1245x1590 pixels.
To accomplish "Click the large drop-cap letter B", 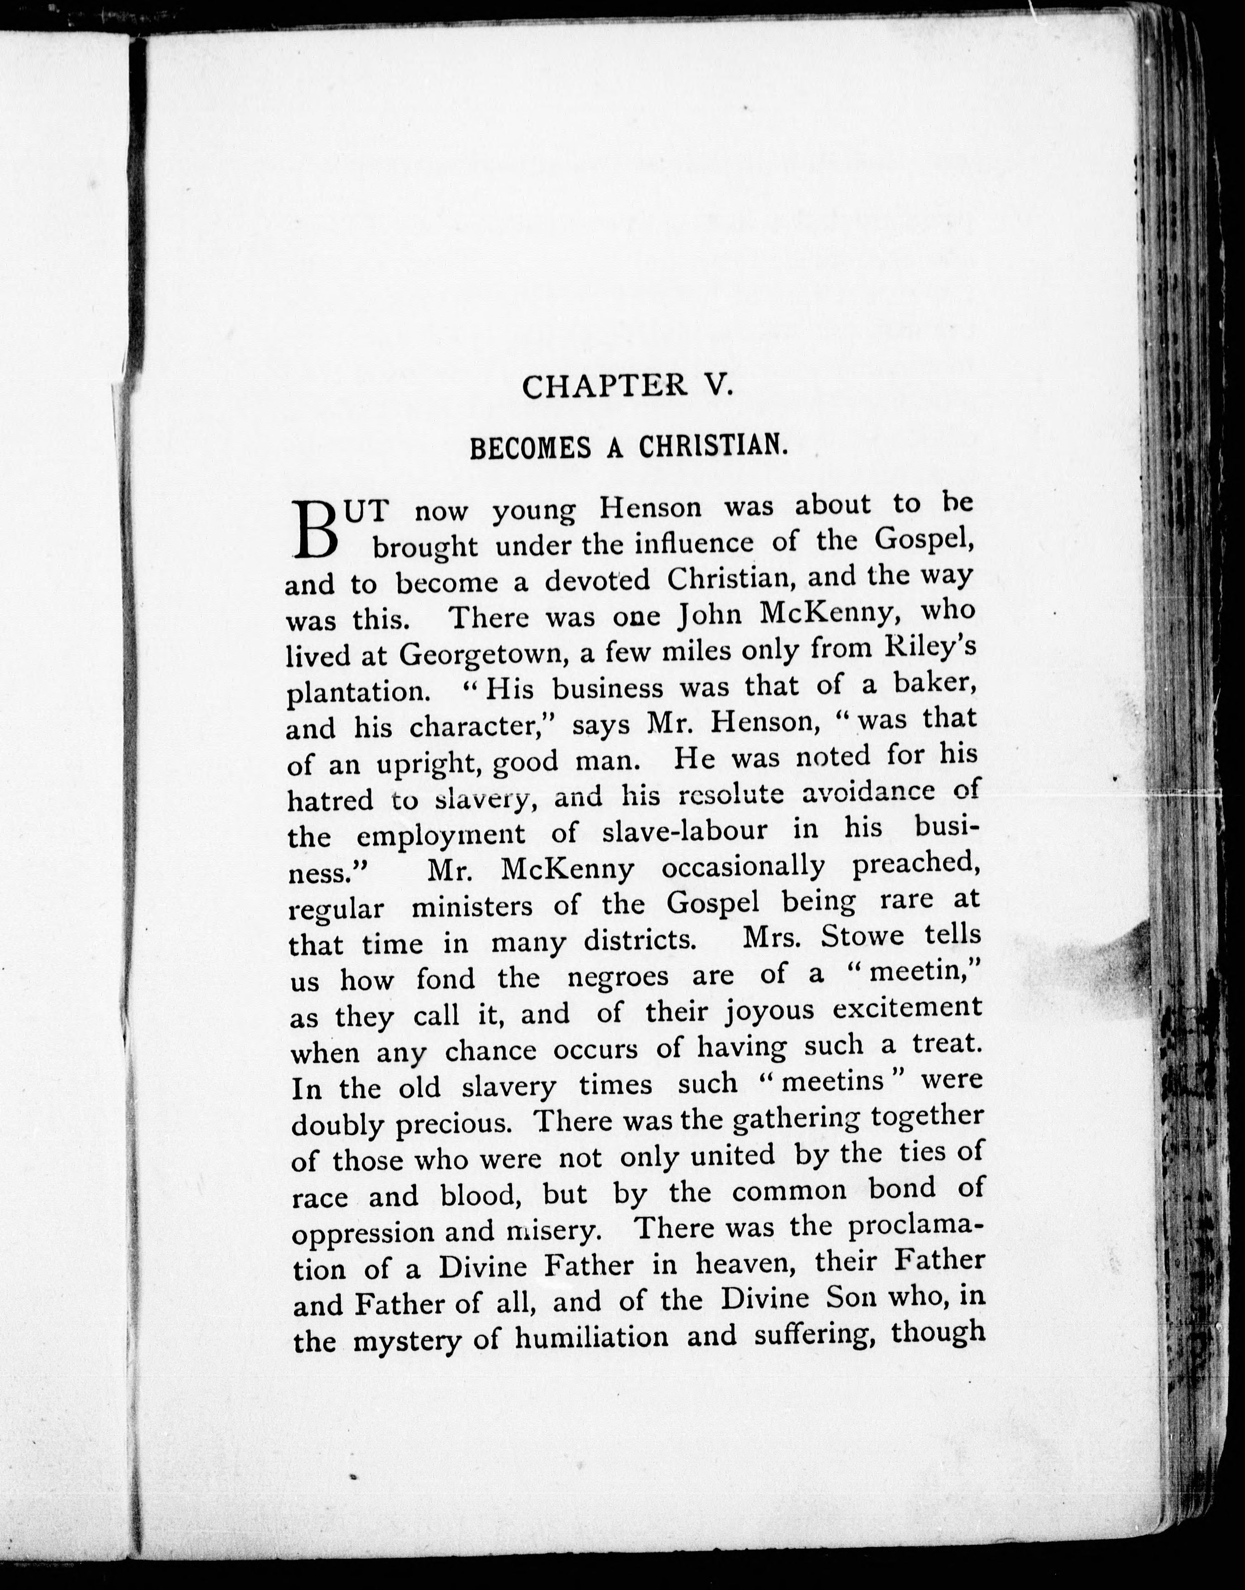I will coord(316,529).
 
